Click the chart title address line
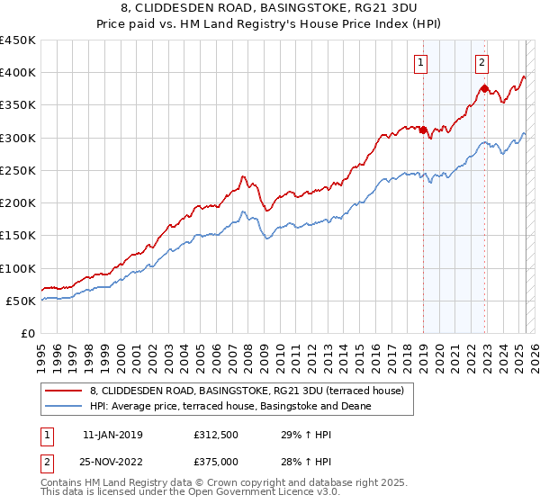pos(269,10)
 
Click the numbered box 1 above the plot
pos(421,62)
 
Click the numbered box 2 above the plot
pos(482,62)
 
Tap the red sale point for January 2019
pos(423,130)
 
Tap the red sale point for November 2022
pos(484,88)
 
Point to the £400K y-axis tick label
pos(18,73)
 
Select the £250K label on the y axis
pos(18,170)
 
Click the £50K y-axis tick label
pos(22,301)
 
